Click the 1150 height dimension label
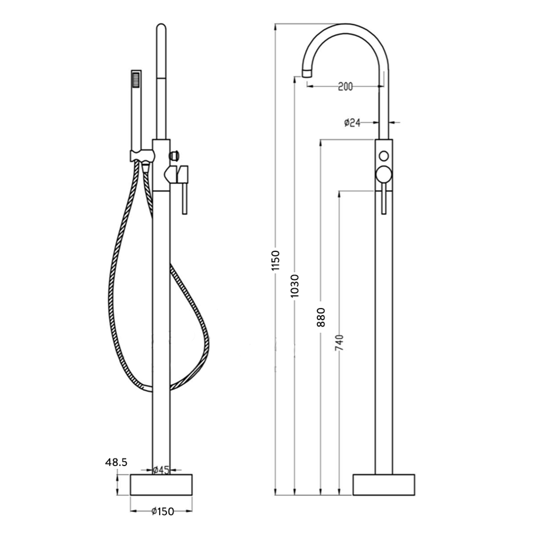[276, 260]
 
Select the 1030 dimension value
[296, 286]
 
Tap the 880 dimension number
[321, 317]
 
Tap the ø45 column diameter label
[161, 469]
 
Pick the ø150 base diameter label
[163, 512]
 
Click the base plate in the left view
[163, 485]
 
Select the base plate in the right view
[384, 485]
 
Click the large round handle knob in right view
[384, 176]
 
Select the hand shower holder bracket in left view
[142, 154]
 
